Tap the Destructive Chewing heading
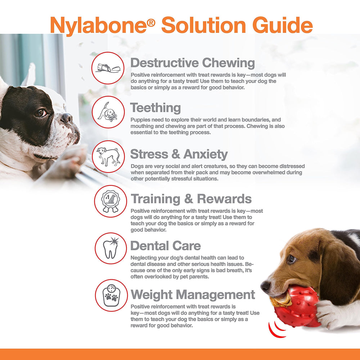(x=193, y=63)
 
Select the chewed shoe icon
(x=108, y=68)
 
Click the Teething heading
(x=155, y=108)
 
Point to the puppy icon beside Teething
(x=108, y=112)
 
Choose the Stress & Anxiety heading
(x=179, y=154)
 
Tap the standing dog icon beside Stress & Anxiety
(x=108, y=157)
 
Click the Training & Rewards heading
(x=191, y=199)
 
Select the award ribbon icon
(x=111, y=202)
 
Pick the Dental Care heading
(x=166, y=246)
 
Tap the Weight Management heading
(x=193, y=295)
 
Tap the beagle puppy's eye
(x=292, y=258)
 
